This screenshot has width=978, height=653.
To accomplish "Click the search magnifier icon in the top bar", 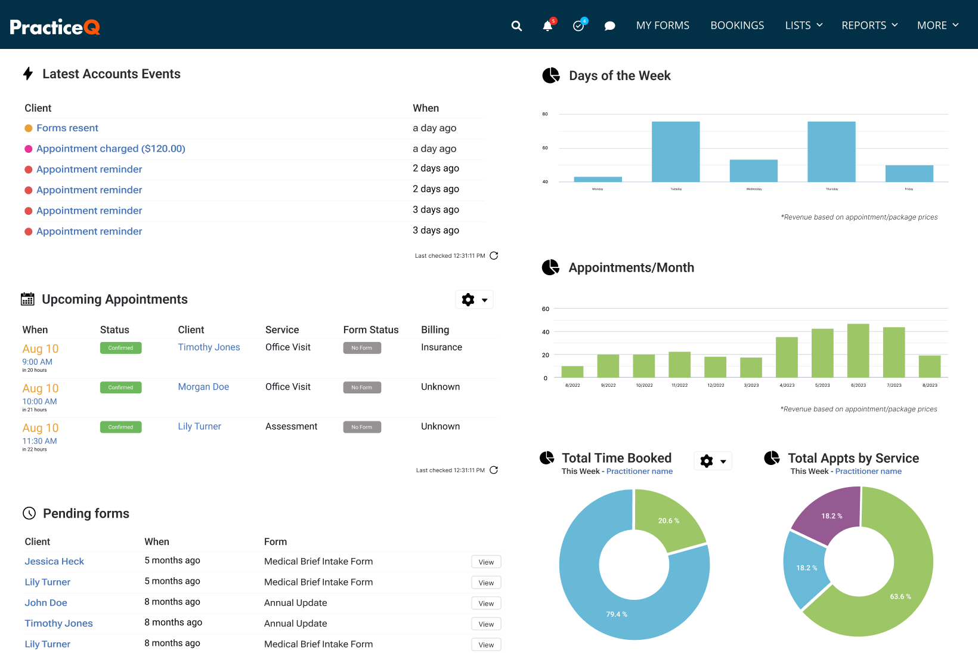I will (x=516, y=26).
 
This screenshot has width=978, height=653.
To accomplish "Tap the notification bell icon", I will (x=547, y=26).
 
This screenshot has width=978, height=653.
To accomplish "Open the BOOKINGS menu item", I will (x=737, y=26).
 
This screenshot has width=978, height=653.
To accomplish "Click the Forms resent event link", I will (x=67, y=128).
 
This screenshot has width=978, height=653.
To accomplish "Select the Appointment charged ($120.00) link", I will (x=111, y=149).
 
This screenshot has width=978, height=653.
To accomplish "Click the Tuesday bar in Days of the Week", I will (x=676, y=152).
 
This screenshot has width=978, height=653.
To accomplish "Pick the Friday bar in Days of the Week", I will (x=909, y=174).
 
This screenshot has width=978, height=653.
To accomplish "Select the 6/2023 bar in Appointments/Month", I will (x=858, y=350).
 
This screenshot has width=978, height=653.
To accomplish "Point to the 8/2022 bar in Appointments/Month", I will (x=572, y=371).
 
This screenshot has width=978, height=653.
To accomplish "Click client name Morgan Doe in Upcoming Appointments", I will (x=203, y=387).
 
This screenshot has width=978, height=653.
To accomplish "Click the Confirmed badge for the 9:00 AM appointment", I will (x=120, y=348).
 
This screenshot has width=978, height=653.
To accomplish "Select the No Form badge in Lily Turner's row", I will (x=362, y=427).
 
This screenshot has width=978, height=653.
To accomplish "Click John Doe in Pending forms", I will (x=46, y=603).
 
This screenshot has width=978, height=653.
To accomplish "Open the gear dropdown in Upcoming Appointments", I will (x=475, y=300).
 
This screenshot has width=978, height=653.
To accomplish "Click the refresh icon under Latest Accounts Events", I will (x=494, y=255).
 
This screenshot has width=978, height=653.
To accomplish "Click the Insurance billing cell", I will (x=441, y=347).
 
